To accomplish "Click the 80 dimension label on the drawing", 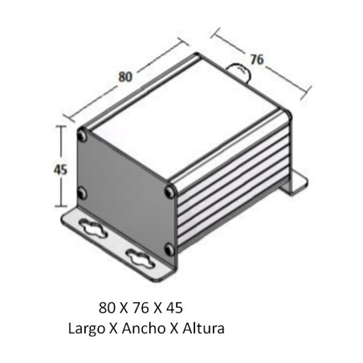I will tap(124, 77).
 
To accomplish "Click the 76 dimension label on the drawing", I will tap(256, 59).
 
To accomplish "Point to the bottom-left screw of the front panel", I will tap(83, 193).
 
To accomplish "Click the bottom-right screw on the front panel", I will tap(167, 247).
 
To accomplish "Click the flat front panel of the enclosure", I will tap(124, 193).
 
